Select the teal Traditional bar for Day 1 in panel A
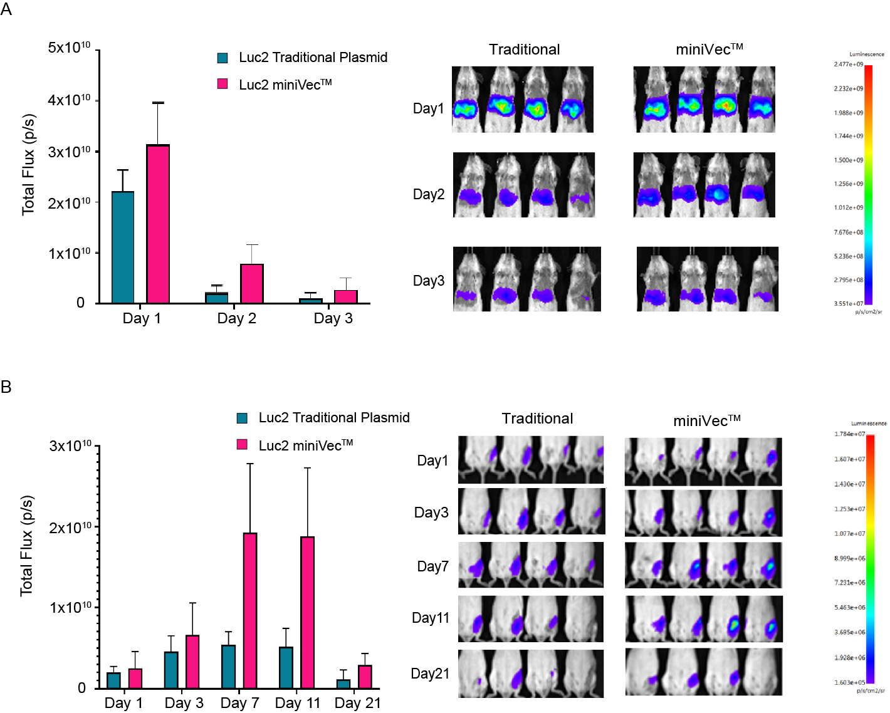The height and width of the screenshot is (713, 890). (122, 247)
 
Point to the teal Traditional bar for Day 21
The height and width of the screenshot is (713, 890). (343, 684)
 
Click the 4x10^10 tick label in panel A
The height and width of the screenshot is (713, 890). (69, 100)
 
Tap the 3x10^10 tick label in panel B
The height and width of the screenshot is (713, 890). (70, 446)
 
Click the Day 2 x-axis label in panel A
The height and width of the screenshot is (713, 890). (236, 318)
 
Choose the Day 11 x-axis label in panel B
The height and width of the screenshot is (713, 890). (297, 703)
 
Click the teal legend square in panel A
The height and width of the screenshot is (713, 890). (223, 58)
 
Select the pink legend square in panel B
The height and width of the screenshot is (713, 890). (242, 445)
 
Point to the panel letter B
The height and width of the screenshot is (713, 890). (6, 387)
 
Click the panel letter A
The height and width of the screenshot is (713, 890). (6, 9)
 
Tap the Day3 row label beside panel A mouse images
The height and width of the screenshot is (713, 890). (429, 281)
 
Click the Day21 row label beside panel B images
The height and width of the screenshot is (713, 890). (430, 674)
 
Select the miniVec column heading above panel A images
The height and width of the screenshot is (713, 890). (709, 49)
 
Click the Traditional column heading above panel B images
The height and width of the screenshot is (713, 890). (537, 419)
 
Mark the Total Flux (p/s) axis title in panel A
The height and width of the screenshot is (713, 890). (28, 164)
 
